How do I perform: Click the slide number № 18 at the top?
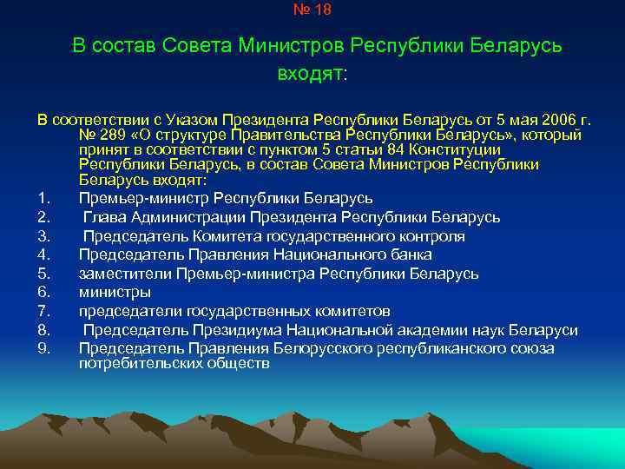312,10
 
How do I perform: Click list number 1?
43,198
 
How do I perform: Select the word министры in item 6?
114,293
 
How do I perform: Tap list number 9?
43,349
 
